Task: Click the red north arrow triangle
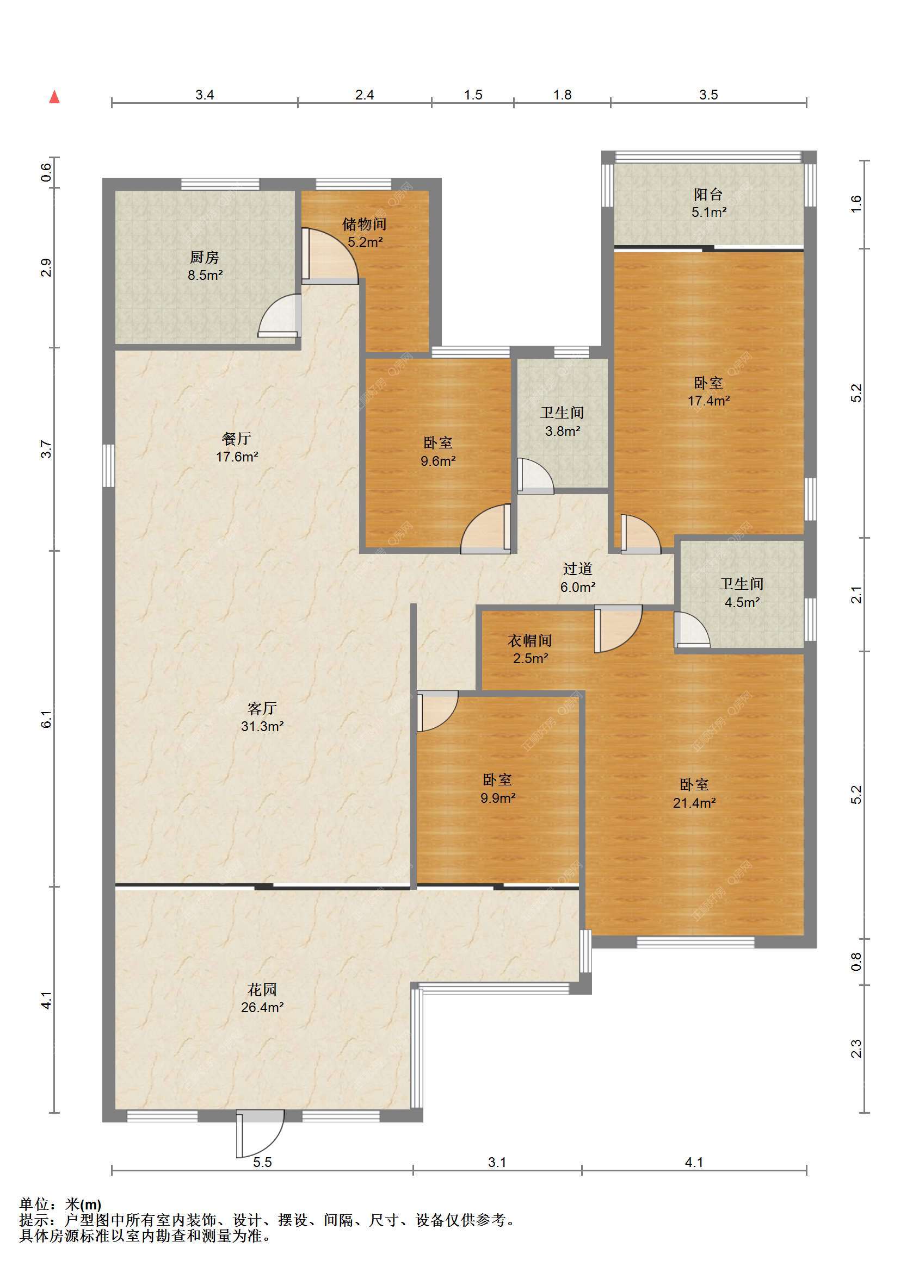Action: tap(54, 97)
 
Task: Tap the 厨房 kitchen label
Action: tap(205, 257)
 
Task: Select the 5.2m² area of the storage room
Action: tap(365, 242)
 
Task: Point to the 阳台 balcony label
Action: tap(708, 194)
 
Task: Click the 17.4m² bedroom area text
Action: tap(709, 401)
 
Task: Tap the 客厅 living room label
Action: tap(262, 708)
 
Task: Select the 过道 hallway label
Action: tap(577, 569)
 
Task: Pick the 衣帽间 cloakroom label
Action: tap(530, 640)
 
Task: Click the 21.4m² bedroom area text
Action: tap(694, 803)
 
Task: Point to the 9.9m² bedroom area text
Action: tap(498, 797)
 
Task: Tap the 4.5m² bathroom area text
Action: tap(742, 602)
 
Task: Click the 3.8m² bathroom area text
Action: tap(562, 431)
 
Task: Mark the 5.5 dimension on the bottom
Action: tap(262, 1162)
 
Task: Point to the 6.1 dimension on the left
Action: tap(47, 719)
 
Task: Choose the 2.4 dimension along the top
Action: tap(365, 95)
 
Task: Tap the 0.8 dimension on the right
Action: tap(855, 962)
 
